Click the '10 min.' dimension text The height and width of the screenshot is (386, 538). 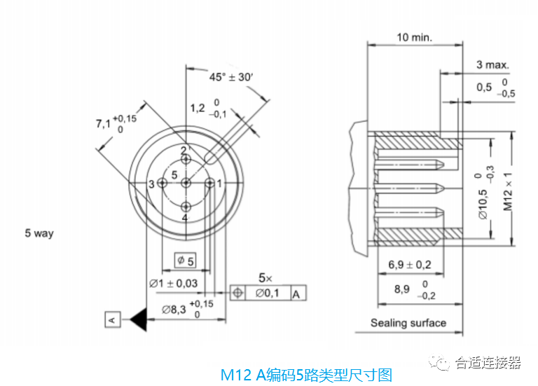click(414, 36)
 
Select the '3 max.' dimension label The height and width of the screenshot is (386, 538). click(492, 64)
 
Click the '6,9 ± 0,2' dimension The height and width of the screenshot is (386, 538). click(410, 265)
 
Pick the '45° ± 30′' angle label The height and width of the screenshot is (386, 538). click(230, 77)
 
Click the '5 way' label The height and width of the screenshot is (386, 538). click(39, 233)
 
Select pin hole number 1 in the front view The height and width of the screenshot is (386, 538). click(209, 183)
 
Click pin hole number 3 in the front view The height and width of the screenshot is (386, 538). click(162, 183)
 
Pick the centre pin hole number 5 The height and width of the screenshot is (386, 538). click(186, 183)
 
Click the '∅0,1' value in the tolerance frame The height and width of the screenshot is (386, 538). click(270, 293)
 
